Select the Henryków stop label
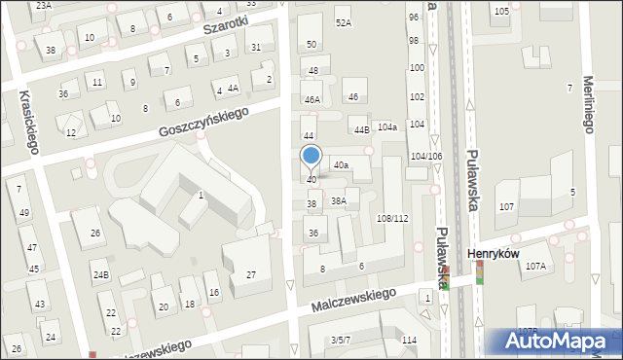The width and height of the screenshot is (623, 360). (x=490, y=254)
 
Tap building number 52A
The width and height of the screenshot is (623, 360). (x=343, y=22)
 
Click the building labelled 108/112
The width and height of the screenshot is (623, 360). (x=392, y=218)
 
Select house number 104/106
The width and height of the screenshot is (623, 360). (x=426, y=156)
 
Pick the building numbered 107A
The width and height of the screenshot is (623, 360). (x=535, y=266)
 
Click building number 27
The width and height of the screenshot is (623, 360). (x=250, y=275)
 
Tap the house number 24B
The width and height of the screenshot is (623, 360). (x=100, y=274)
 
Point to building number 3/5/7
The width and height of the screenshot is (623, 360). (x=340, y=340)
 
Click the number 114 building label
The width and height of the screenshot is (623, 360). (x=409, y=340)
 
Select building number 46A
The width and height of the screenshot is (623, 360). (x=311, y=99)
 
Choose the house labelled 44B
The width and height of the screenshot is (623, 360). (x=361, y=129)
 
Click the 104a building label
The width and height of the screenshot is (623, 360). (x=387, y=127)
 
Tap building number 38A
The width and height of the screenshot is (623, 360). (x=339, y=201)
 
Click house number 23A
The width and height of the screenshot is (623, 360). (x=43, y=5)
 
